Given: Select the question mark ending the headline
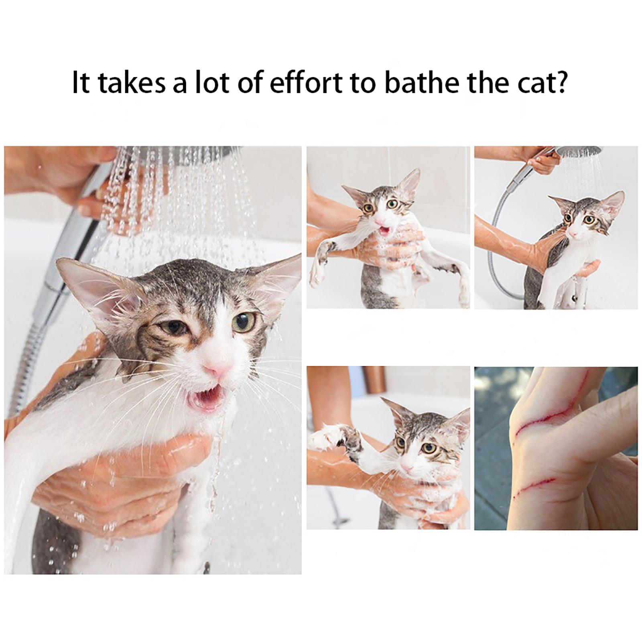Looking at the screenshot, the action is (561, 82).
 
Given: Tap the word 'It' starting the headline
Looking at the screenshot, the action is (80, 82).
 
